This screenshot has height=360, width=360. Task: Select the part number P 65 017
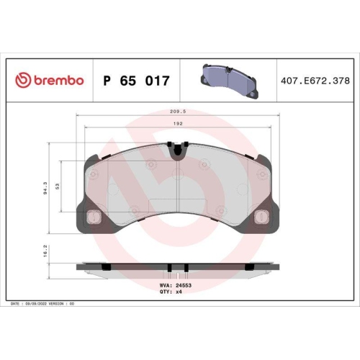pos(137,81)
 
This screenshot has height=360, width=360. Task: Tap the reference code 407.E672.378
pos(316,81)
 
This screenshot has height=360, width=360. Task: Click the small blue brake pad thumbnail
pos(228,78)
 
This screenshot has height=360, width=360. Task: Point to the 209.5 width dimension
pos(178,112)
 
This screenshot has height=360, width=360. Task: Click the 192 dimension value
pos(178,123)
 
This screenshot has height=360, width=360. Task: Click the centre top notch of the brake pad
pos(178,150)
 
